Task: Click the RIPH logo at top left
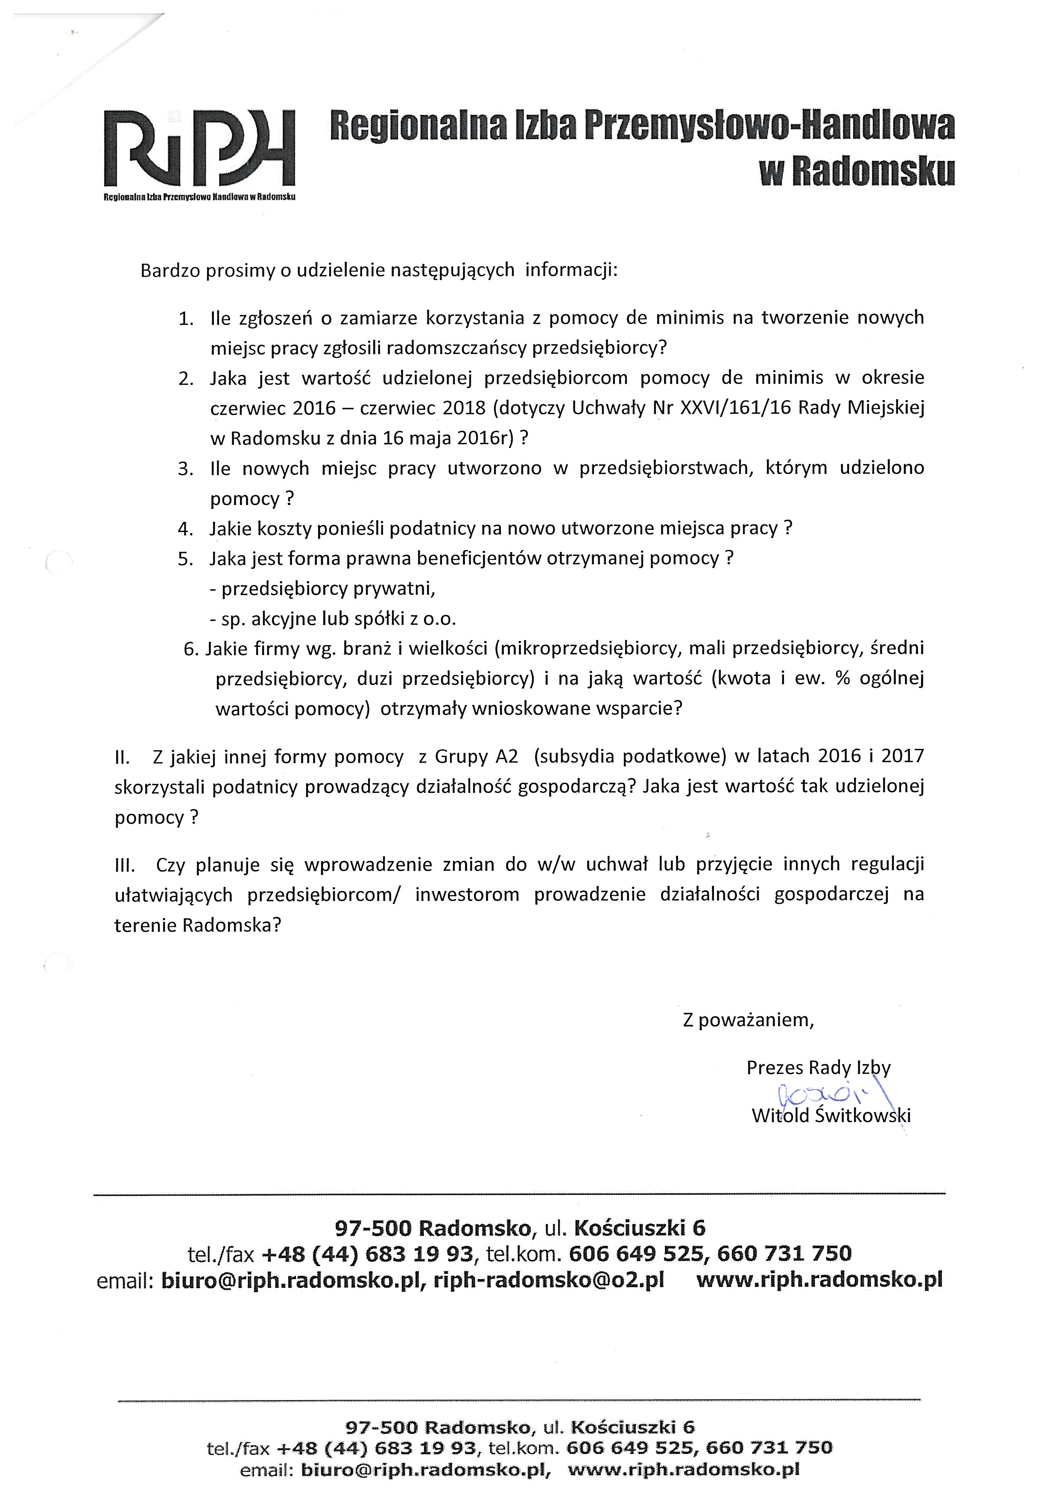[x=199, y=152]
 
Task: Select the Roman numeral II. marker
[x=123, y=757]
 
